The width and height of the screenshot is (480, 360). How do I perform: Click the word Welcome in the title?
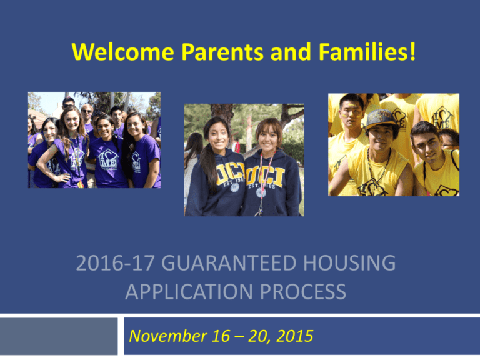pyautogui.click(x=122, y=52)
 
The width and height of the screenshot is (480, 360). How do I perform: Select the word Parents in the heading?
pyautogui.click(x=222, y=52)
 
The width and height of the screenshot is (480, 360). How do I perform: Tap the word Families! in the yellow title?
pyautogui.click(x=367, y=51)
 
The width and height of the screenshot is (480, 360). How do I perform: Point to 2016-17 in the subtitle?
pyautogui.click(x=115, y=262)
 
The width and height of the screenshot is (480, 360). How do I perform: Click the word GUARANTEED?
pyautogui.click(x=228, y=262)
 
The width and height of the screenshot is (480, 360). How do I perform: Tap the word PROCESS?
pyautogui.click(x=303, y=291)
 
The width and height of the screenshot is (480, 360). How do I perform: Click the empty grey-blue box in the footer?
pyautogui.click(x=59, y=336)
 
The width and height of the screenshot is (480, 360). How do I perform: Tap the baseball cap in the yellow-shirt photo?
pyautogui.click(x=381, y=118)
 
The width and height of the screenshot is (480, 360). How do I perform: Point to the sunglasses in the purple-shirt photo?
pyautogui.click(x=87, y=111)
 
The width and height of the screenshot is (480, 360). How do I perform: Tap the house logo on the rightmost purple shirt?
pyautogui.click(x=136, y=162)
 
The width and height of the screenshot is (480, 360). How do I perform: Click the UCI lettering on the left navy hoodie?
pyautogui.click(x=230, y=174)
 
